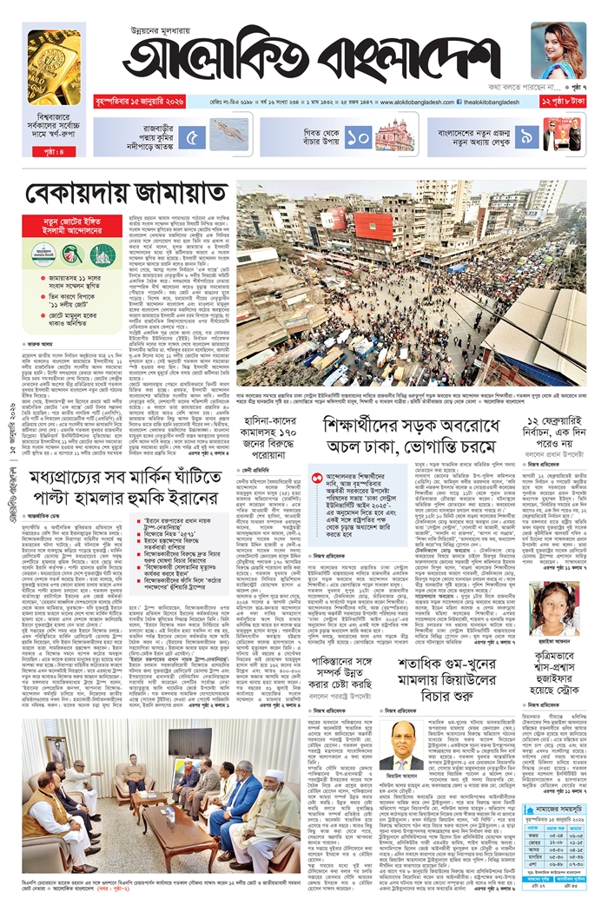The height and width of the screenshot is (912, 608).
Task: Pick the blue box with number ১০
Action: click(357, 136)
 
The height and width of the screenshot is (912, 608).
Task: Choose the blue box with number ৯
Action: click(525, 136)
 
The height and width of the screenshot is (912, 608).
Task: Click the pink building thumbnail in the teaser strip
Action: click(394, 135)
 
